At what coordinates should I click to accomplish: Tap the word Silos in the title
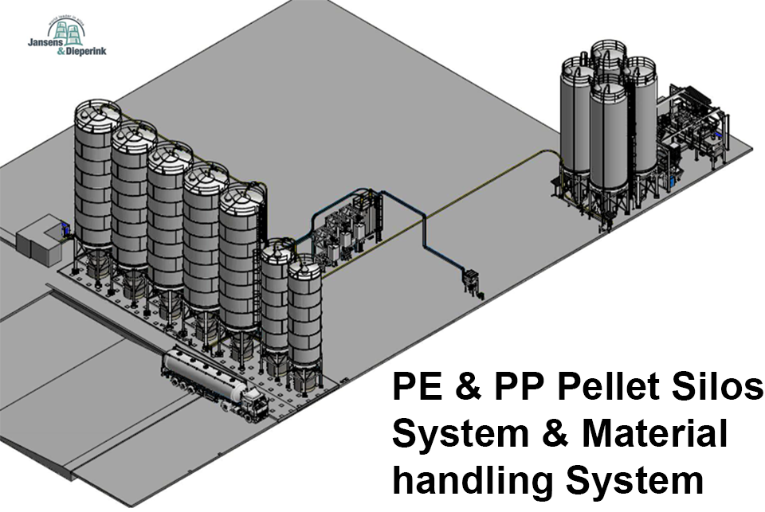point(719,389)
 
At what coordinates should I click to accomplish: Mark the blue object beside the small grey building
point(64,232)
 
